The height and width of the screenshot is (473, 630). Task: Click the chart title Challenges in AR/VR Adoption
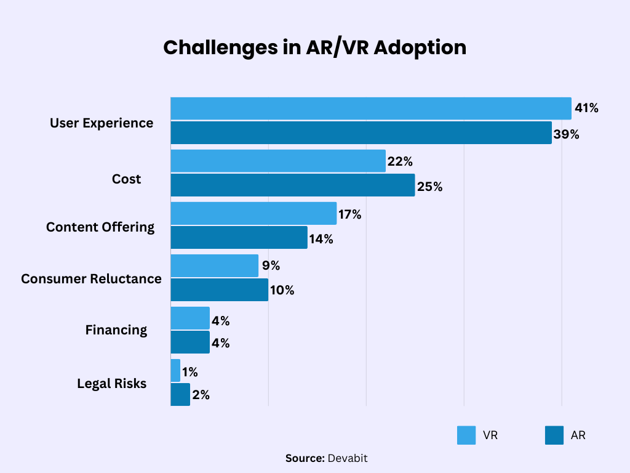[314, 47]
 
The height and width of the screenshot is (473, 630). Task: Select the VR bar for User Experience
[370, 108]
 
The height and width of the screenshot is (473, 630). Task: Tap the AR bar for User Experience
[361, 132]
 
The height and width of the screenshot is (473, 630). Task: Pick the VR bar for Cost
[277, 161]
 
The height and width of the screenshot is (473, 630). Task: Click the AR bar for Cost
[292, 185]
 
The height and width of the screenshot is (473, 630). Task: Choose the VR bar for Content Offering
[253, 213]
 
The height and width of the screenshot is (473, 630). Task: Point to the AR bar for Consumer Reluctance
[219, 289]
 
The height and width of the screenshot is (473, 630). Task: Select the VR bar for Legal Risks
[175, 371]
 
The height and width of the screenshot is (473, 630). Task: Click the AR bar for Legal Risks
[180, 394]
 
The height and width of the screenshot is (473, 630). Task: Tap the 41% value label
[586, 108]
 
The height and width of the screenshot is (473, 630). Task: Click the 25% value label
[429, 187]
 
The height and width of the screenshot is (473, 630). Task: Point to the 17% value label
[349, 215]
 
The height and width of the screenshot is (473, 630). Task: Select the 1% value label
[190, 372]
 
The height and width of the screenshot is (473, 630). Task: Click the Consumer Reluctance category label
[91, 278]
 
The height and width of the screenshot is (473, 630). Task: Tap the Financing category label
[116, 329]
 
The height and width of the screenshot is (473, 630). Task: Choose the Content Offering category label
[100, 227]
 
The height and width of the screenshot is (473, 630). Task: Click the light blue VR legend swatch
[466, 435]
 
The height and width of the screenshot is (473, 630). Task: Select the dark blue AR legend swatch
[554, 435]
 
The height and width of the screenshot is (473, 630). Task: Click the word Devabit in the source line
[348, 458]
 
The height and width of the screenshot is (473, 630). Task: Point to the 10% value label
[282, 291]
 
